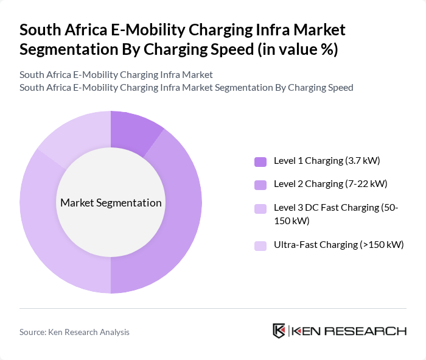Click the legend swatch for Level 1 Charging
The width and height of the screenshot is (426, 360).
[260, 161]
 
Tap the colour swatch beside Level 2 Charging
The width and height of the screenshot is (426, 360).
[260, 184]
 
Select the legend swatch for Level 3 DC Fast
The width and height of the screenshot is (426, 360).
[260, 208]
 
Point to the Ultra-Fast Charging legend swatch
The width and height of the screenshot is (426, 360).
[260, 245]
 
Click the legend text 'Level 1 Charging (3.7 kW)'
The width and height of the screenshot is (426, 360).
[327, 161]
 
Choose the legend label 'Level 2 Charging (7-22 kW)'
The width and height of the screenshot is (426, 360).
[330, 183]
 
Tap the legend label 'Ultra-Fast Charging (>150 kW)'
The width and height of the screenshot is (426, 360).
[339, 245]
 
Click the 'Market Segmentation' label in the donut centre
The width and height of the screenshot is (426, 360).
[111, 203]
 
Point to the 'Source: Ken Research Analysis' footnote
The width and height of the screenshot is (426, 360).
[74, 332]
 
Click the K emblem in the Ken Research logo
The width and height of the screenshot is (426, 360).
[279, 331]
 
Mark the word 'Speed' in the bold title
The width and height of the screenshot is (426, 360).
[222, 49]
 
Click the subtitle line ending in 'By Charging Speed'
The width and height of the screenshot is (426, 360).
[186, 87]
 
